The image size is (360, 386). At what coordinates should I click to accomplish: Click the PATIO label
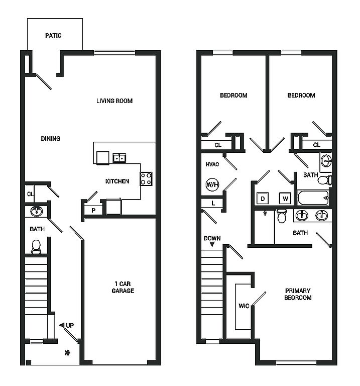[53, 36]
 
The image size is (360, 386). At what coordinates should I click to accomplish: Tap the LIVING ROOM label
[114, 101]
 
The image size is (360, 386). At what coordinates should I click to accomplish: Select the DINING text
[51, 139]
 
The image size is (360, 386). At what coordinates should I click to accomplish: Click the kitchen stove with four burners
[146, 179]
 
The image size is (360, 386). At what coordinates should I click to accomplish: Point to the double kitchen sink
[119, 158]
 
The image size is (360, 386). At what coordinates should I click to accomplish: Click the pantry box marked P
[93, 210]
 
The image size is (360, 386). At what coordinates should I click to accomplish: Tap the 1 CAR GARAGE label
[123, 287]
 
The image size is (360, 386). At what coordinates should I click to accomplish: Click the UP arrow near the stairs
[61, 326]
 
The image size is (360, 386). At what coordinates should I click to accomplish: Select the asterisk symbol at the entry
[67, 353]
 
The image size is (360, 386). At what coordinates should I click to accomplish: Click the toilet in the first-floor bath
[36, 247]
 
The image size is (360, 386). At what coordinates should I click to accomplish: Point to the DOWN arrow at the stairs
[212, 244]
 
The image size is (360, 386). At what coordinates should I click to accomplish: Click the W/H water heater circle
[212, 184]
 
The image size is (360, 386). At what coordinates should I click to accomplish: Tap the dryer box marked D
[263, 199]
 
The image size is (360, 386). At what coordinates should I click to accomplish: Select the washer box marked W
[285, 199]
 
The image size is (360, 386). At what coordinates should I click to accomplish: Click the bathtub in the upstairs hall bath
[313, 198]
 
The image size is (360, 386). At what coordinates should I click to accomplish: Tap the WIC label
[244, 306]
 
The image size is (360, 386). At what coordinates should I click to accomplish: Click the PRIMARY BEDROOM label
[298, 294]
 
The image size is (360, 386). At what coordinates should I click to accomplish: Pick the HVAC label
[212, 164]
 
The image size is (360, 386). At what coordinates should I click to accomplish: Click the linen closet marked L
[213, 204]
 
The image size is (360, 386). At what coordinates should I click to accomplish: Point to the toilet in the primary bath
[282, 216]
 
